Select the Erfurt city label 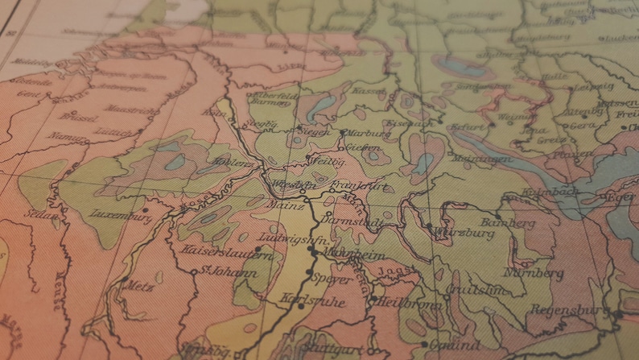coord(470,126)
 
